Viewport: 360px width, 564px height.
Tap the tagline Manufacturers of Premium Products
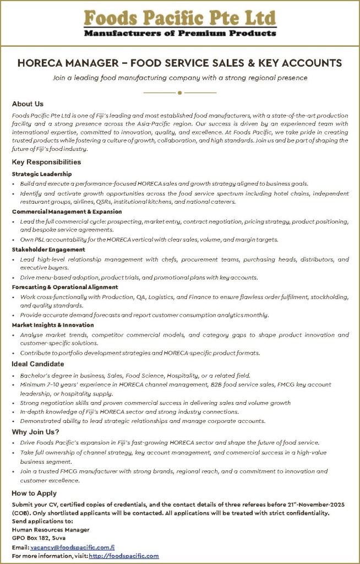pyautogui.click(x=179, y=34)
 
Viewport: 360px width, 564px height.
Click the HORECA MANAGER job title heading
pyautogui.click(x=179, y=63)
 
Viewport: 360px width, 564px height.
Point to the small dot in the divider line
pyautogui.click(x=179, y=93)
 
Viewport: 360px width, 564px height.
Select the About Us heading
pyautogui.click(x=28, y=104)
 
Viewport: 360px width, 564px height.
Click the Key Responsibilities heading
pyautogui.click(x=46, y=162)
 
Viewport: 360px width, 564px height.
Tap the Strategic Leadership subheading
pyautogui.click(x=42, y=174)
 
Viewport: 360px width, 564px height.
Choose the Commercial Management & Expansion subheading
pyautogui.click(x=67, y=211)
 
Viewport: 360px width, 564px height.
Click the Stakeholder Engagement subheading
pyautogui.click(x=46, y=250)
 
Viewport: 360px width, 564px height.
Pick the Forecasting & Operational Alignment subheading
pyautogui.click(x=65, y=287)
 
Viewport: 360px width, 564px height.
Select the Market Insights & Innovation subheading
pyautogui.click(x=53, y=325)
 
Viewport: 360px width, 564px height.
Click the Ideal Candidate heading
pyautogui.click(x=38, y=364)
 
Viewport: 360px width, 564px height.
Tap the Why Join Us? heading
pyautogui.click(x=36, y=431)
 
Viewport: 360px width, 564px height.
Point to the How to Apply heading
pyautogui.click(x=34, y=493)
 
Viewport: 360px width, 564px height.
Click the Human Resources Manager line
pyautogui.click(x=51, y=529)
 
